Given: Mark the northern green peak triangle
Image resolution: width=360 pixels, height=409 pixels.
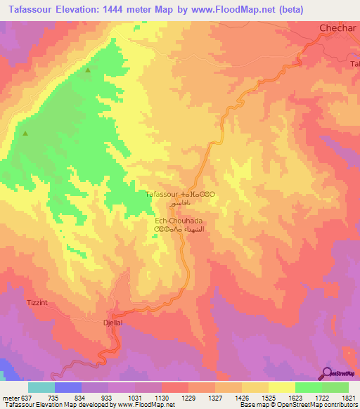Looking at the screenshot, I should point(88,70).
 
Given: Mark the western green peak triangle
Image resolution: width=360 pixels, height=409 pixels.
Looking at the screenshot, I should point(25,133).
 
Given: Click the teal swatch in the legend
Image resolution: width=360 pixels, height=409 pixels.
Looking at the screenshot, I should point(41,387).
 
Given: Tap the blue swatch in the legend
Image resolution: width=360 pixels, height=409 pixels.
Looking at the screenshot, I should point(67,387).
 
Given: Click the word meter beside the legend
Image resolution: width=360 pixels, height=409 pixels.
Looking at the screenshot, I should point(11,397).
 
